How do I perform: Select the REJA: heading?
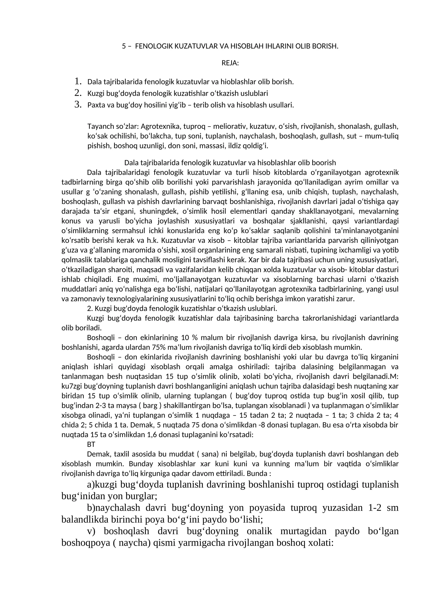[230, 63]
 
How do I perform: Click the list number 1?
[78, 81]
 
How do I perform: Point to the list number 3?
[78, 104]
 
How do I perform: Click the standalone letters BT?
[91, 445]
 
